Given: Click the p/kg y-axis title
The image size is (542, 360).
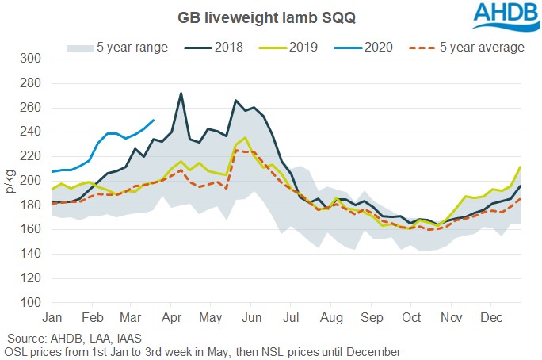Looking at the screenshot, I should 10,181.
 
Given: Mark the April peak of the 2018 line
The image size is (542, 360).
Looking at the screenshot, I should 181,94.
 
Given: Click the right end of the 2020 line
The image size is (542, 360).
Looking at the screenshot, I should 153,121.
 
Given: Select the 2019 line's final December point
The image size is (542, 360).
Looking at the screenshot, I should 521,167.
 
